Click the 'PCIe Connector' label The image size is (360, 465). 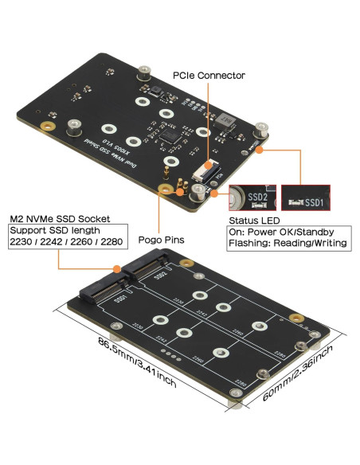(209, 76)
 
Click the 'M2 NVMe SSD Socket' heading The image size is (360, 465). (59, 218)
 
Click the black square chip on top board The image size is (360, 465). (170, 137)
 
